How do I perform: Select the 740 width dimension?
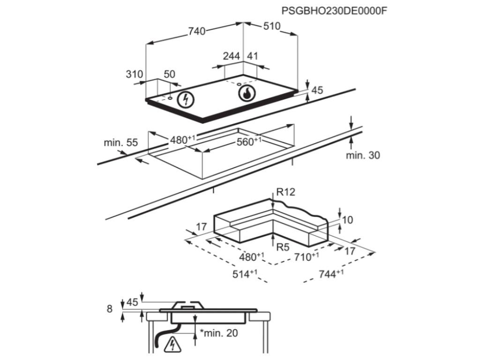(197, 31)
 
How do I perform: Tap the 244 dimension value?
(232, 56)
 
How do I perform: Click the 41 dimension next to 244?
(253, 56)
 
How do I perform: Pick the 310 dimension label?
(134, 74)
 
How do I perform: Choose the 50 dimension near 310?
(169, 74)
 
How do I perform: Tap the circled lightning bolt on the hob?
(187, 99)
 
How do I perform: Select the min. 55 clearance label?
(121, 143)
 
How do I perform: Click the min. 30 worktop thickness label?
(363, 156)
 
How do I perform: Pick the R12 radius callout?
(285, 192)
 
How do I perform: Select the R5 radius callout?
(282, 247)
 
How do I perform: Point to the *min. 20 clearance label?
(218, 333)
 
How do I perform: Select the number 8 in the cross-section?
(110, 308)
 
